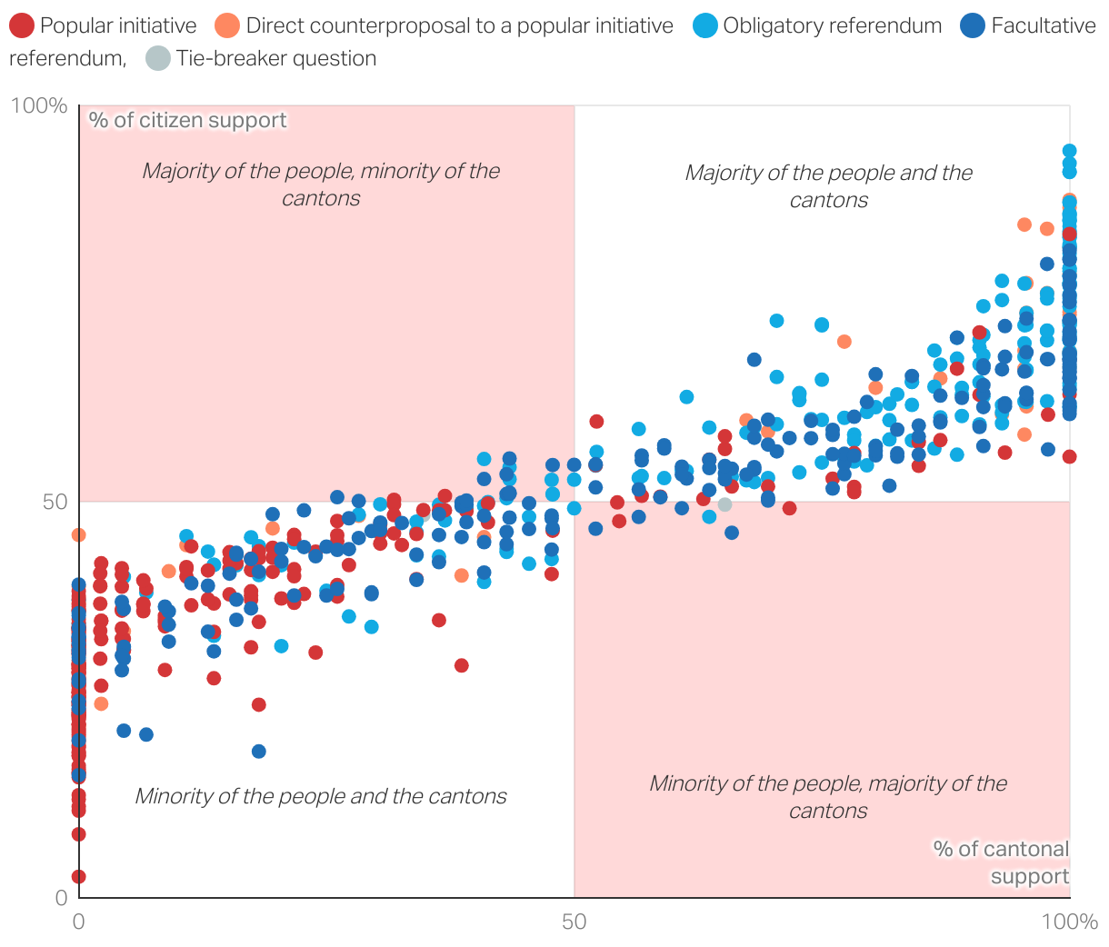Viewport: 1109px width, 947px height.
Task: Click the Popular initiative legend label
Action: tap(118, 25)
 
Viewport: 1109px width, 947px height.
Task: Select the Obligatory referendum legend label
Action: tap(832, 25)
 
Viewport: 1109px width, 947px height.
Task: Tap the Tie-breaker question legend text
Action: tap(276, 58)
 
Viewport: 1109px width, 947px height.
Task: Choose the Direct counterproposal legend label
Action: tap(459, 25)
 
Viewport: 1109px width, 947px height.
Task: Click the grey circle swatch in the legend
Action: tap(158, 58)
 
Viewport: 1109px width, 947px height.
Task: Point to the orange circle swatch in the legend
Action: tap(228, 25)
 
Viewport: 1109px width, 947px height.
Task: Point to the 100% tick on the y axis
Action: tap(39, 106)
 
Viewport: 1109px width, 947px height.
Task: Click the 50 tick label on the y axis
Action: tap(55, 502)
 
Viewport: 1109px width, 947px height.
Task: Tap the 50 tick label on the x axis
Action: tap(574, 922)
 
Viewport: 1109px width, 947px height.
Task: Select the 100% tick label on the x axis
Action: tap(1069, 922)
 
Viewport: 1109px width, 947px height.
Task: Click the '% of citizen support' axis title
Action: tap(187, 120)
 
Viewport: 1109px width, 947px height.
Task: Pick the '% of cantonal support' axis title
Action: tap(1002, 862)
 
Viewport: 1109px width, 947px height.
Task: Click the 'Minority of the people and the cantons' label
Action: tap(321, 796)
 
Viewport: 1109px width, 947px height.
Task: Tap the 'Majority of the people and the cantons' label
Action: tap(828, 186)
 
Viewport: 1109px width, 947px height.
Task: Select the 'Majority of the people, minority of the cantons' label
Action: tap(321, 184)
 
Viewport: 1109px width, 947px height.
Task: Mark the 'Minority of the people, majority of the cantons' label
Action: tap(828, 797)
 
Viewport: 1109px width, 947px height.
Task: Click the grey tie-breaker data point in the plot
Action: tap(724, 504)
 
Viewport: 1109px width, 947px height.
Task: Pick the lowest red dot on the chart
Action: tap(79, 876)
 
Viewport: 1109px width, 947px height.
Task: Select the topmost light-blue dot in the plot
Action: tap(1070, 151)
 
